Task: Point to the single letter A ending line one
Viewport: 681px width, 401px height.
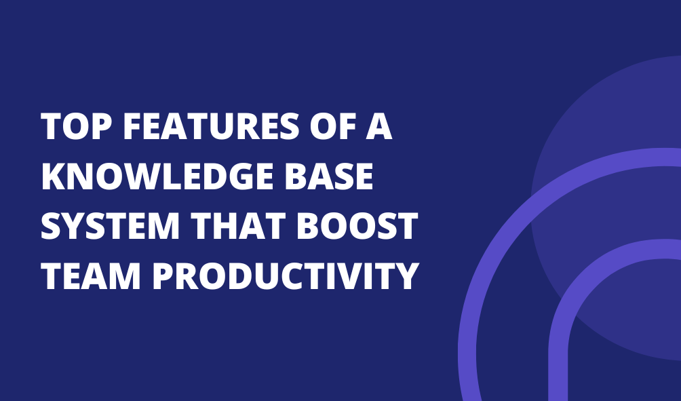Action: coord(379,126)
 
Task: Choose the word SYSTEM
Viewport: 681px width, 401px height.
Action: coord(110,226)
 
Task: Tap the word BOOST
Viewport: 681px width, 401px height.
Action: coord(357,226)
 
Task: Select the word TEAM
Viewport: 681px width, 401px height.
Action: coord(91,276)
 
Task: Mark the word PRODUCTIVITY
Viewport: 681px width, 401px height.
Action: coord(286,276)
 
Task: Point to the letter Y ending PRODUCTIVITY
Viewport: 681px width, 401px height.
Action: coord(406,276)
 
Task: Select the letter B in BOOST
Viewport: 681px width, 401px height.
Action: coord(308,226)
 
